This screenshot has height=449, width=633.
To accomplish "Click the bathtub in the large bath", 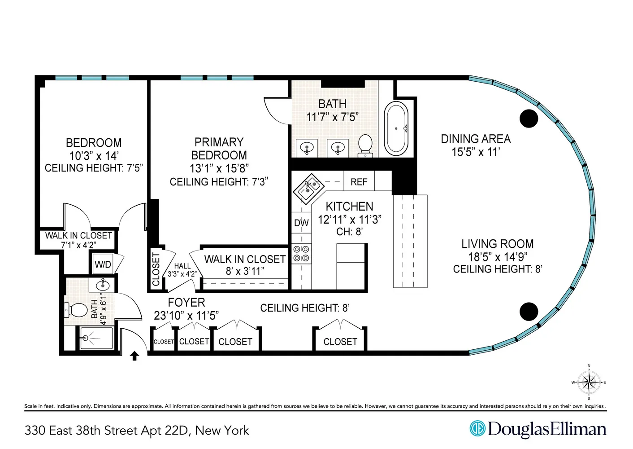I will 396,129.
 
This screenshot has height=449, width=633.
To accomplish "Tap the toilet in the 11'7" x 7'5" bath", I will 365,145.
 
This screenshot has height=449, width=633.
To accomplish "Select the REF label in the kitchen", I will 359,182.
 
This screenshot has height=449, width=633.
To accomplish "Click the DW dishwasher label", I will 301,223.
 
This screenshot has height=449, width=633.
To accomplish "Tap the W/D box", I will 103,264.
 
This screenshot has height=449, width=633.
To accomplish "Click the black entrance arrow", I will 134,356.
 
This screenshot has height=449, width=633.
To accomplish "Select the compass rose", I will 589,383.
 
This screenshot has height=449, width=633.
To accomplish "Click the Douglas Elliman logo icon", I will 477,428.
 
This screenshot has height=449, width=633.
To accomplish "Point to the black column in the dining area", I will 529,119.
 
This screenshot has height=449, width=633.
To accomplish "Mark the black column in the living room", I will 529,312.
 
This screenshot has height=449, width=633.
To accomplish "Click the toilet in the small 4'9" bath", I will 77,309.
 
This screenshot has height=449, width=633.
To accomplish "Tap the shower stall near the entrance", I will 96,338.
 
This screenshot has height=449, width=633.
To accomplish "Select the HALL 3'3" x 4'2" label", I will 182,270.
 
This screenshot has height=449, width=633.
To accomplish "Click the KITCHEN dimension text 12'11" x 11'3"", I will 349,220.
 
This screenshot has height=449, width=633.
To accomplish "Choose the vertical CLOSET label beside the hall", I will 156,269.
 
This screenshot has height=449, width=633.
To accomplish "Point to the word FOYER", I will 186,303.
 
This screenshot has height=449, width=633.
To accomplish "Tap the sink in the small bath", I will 103,285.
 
